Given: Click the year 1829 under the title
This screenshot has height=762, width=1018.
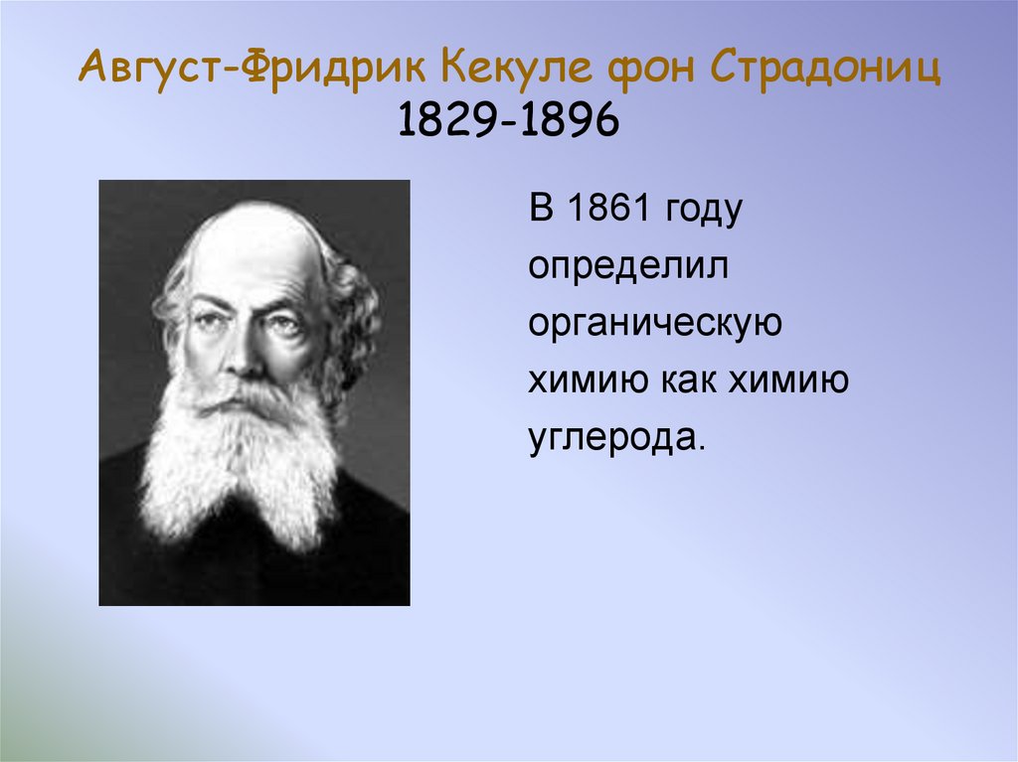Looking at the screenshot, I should click(x=446, y=122).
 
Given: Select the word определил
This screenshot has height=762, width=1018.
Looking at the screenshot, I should click(x=629, y=268).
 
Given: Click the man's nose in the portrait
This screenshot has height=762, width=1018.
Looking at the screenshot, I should click(x=246, y=353).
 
